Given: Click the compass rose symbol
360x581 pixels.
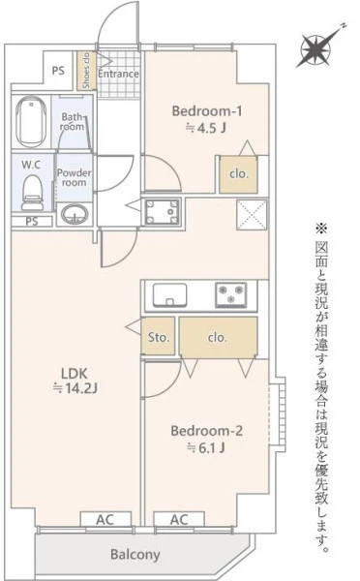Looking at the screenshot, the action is tap(315, 49).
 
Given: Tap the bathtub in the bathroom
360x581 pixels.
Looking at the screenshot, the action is tap(31, 122).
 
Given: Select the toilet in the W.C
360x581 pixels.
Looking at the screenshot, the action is tap(32, 193).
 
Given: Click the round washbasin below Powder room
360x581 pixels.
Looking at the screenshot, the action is tap(75, 214).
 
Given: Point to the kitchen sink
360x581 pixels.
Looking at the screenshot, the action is tap(170, 295).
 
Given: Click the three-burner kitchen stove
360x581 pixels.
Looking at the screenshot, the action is tap(231, 295).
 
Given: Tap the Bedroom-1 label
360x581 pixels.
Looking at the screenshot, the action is tap(207, 110).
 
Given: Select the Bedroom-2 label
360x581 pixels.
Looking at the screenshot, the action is tap(207, 431).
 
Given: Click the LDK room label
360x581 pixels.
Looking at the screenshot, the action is tap(75, 374).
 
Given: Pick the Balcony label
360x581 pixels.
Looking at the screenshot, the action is tap(135, 555).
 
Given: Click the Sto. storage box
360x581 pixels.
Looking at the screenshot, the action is tap(158, 336).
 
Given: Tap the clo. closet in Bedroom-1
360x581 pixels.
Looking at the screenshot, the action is tap(238, 174).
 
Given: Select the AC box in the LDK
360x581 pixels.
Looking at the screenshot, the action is tap(105, 519).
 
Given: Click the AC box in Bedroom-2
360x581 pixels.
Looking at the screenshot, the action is tap(179, 519).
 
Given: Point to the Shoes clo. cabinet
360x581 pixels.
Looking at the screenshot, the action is tap(86, 71).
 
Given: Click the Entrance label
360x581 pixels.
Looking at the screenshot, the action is tap(118, 74).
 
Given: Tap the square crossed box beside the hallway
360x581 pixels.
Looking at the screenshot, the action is tap(252, 215).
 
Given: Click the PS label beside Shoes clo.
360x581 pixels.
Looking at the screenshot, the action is tap(58, 70).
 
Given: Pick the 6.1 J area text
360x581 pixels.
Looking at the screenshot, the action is tap(206, 448).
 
